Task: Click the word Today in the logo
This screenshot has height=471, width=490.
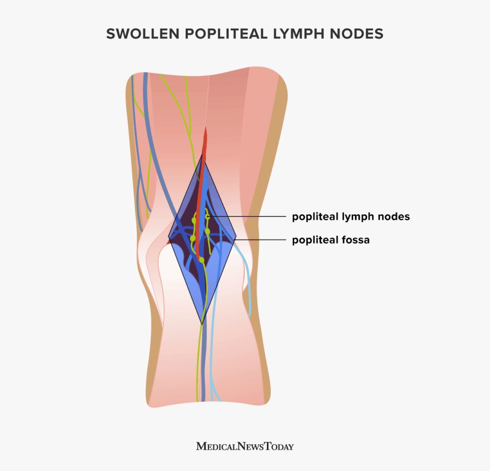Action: (277, 447)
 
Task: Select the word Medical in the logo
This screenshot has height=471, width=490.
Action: (214, 447)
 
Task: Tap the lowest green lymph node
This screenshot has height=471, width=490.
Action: (201, 260)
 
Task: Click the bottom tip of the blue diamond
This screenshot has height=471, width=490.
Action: (202, 324)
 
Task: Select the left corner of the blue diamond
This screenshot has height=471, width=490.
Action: (168, 238)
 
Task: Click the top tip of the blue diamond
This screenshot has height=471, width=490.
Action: (203, 154)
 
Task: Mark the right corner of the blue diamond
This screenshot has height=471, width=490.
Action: (236, 238)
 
